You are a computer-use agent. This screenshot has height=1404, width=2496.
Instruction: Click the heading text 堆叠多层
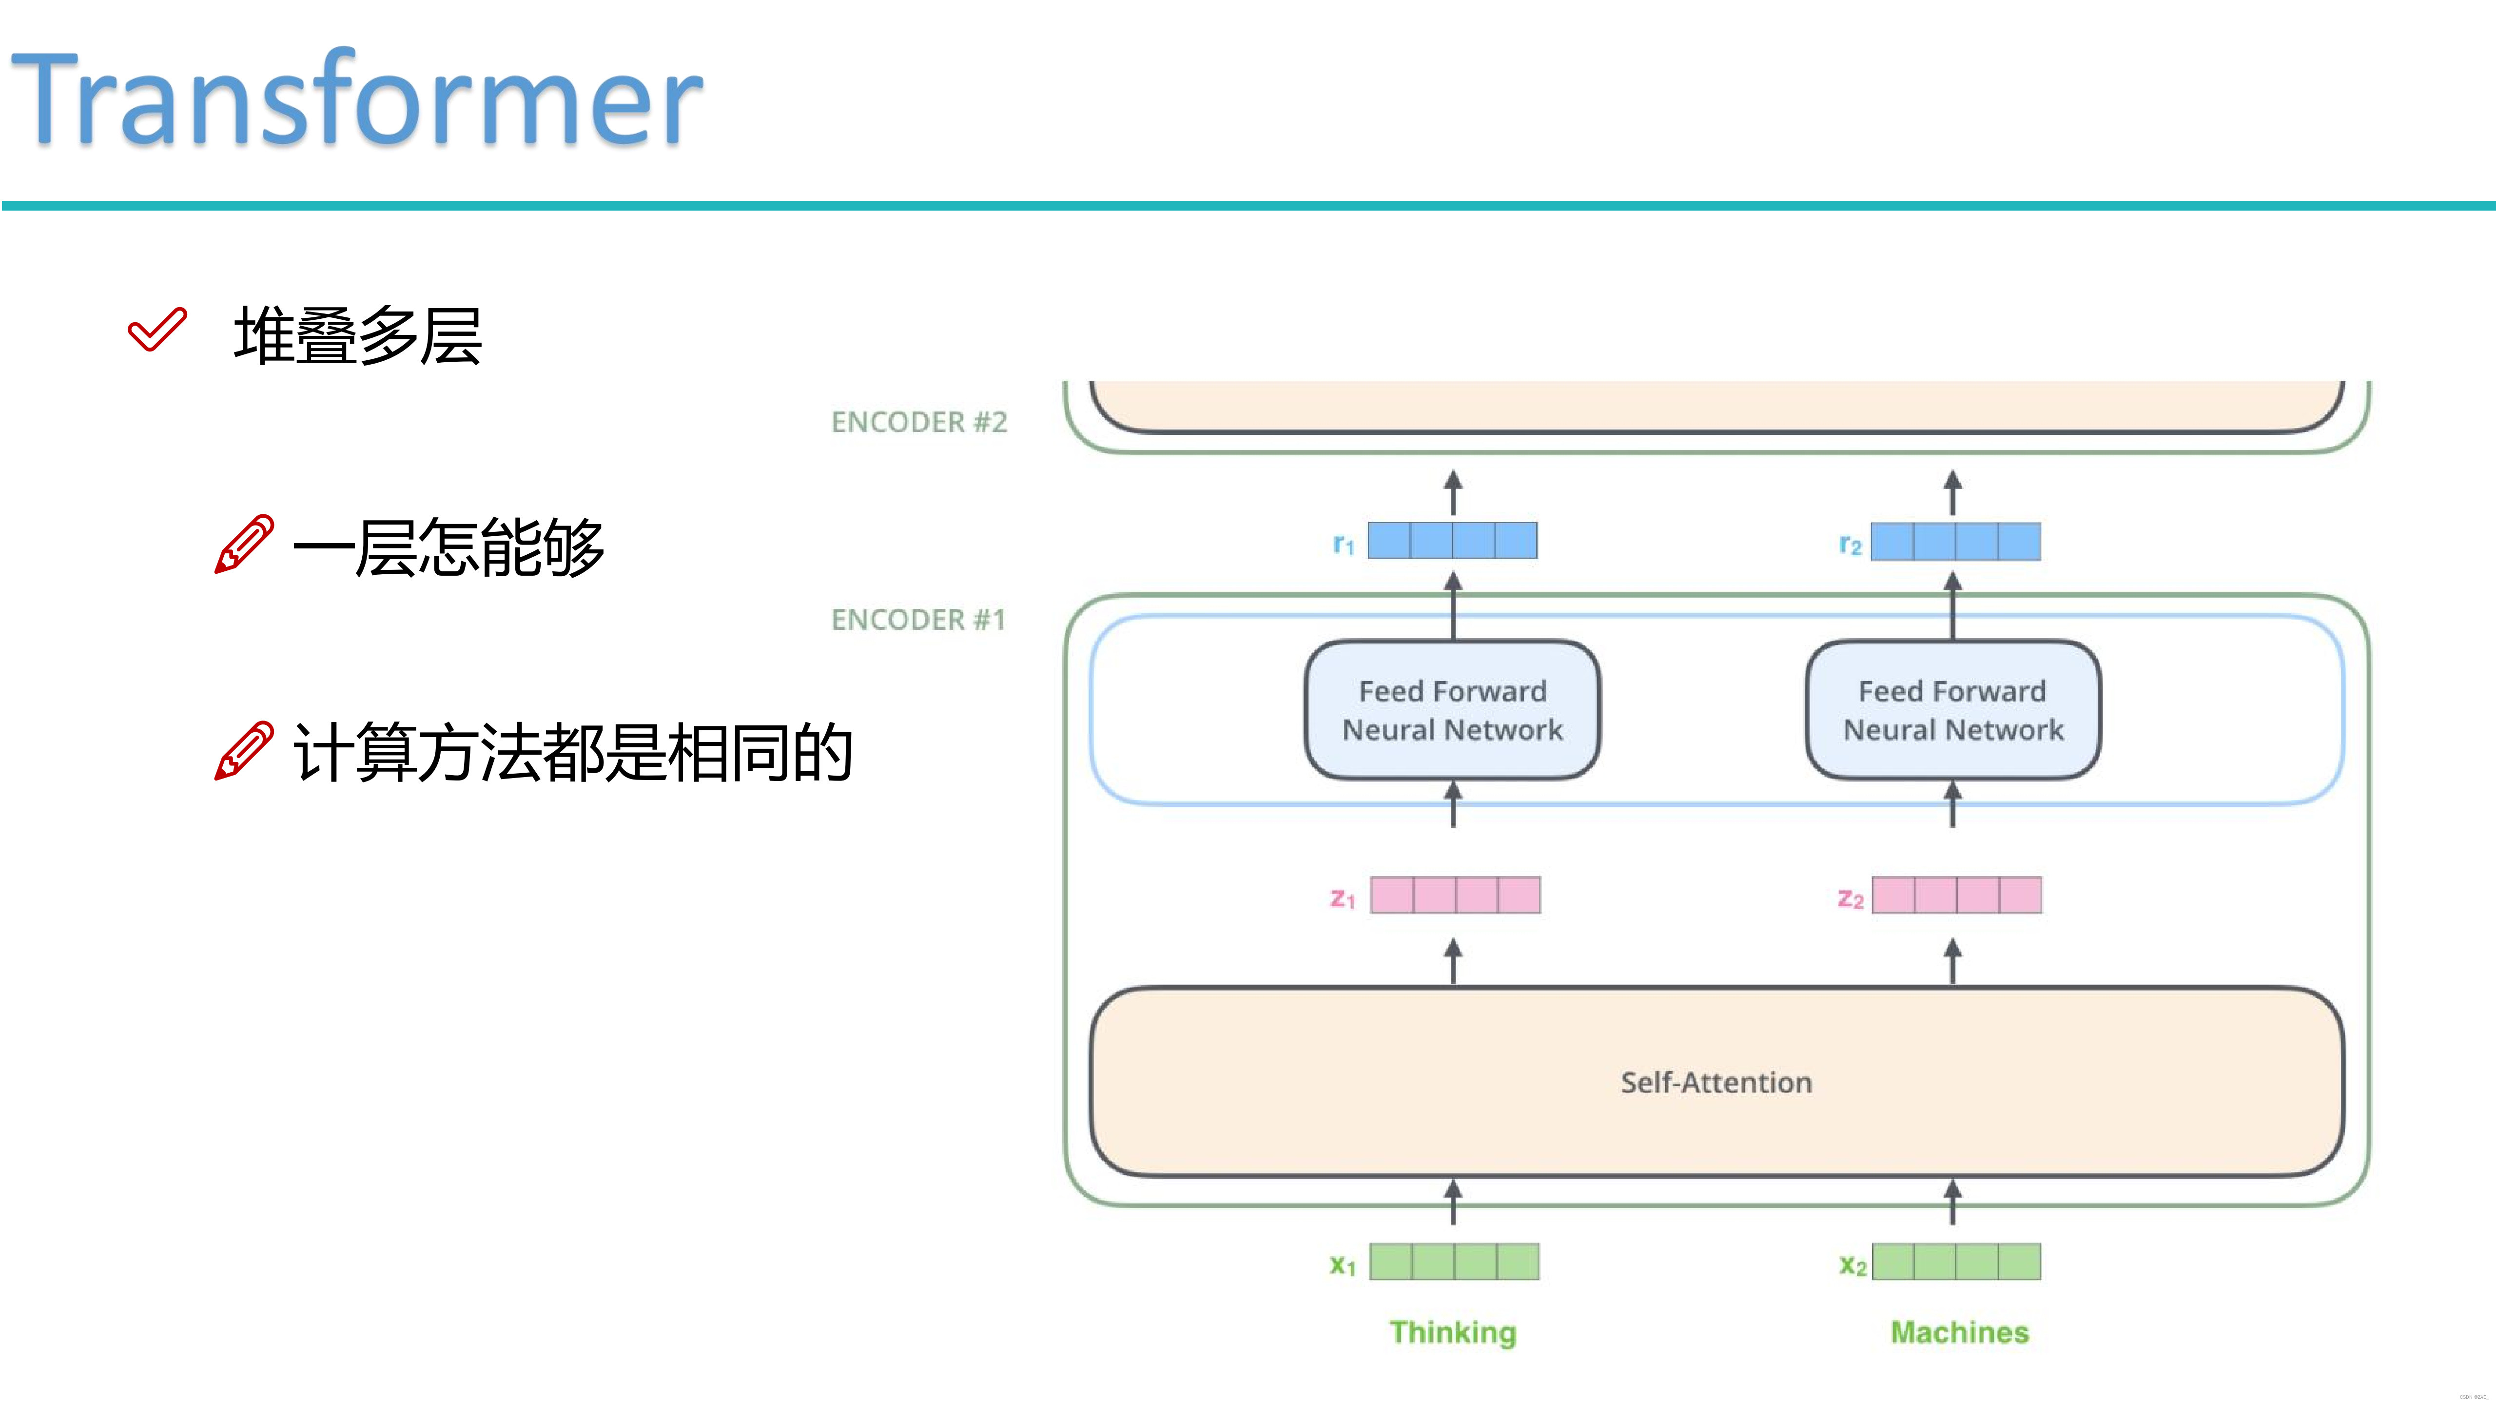coord(357,336)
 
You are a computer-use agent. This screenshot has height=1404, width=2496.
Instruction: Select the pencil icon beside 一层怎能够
coord(243,545)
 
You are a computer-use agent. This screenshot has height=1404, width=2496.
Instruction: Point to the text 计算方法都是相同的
coord(572,753)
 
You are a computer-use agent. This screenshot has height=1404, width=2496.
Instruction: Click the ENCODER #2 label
coord(918,423)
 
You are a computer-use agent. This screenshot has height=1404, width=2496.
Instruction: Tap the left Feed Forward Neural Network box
coord(1451,710)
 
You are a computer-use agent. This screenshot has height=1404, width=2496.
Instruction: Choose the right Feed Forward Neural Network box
coord(1952,710)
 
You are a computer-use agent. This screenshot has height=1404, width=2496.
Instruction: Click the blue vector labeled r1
coord(1451,541)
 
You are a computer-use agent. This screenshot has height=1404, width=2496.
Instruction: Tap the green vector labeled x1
coord(1453,1262)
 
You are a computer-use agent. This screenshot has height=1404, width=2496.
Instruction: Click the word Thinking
coord(1452,1332)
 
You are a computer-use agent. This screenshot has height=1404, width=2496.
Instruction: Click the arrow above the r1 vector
coord(1452,492)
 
